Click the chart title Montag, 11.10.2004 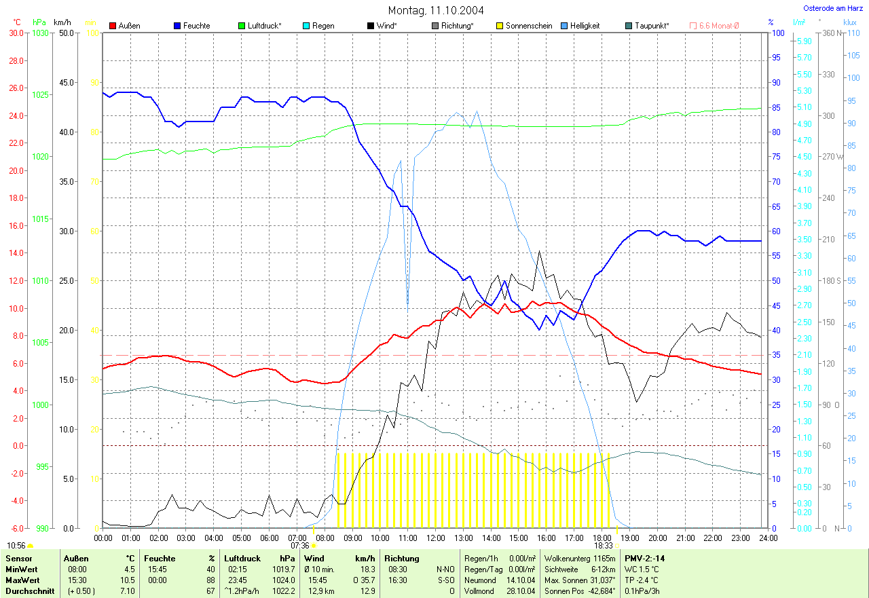434,10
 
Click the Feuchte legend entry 196,26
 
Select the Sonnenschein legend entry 529,26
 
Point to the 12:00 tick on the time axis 435,538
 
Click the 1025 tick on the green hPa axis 41,95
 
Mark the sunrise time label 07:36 300,545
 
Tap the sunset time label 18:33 604,545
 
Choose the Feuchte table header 160,559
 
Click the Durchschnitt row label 26,591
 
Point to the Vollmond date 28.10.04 521,591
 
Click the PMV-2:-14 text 645,559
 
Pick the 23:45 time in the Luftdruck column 236,580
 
